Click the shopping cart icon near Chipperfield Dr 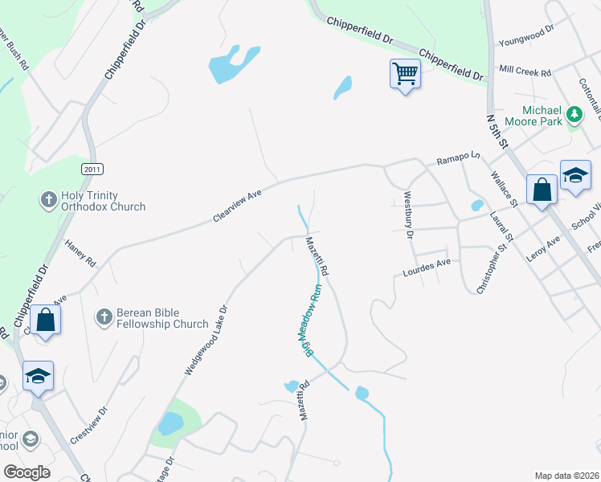tap(406, 74)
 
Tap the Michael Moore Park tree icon tap(574, 115)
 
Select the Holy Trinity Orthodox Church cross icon tap(48, 198)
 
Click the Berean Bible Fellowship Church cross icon tap(104, 317)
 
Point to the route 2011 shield tap(92, 168)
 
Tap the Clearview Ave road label tap(238, 206)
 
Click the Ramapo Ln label tap(457, 158)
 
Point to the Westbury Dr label tap(408, 214)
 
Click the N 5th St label tap(498, 130)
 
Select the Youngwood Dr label tap(526, 35)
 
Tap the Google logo tap(27, 472)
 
